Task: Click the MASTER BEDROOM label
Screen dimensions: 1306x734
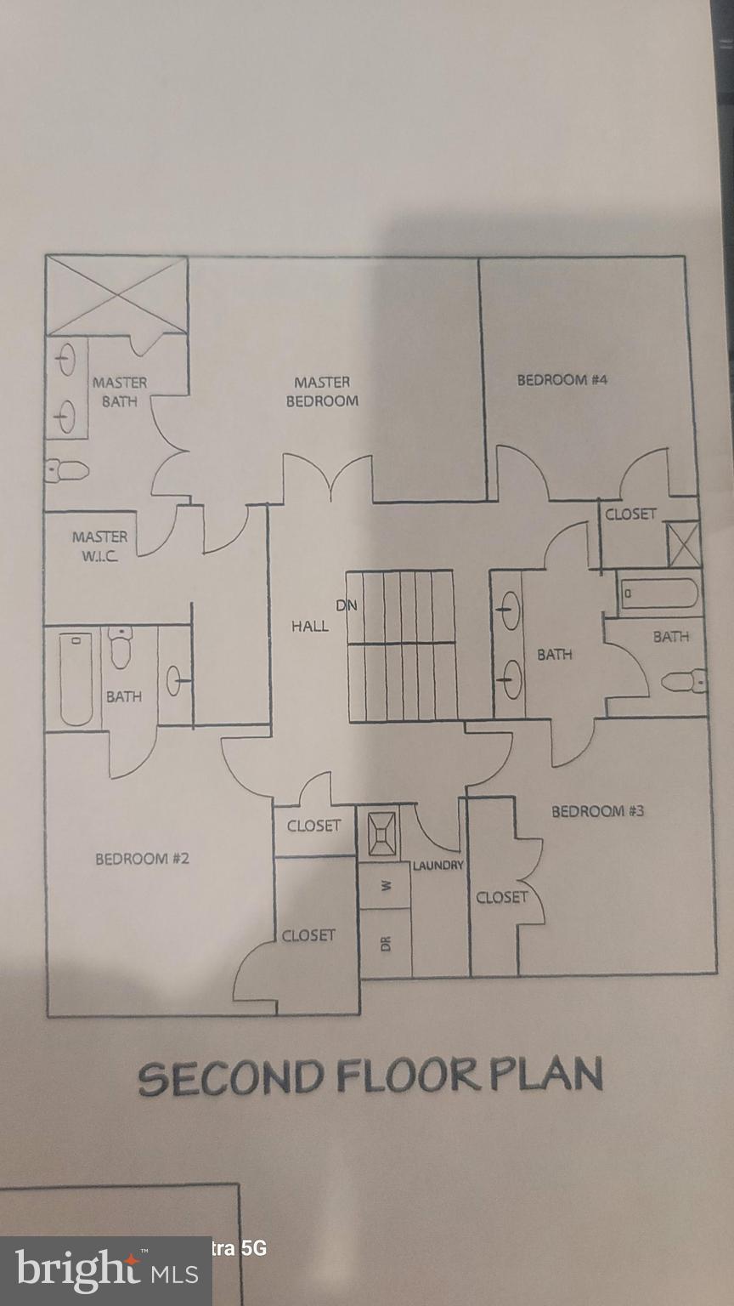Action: (x=322, y=392)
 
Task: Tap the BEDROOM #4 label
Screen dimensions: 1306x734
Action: (x=562, y=380)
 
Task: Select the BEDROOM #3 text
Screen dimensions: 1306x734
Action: (x=597, y=811)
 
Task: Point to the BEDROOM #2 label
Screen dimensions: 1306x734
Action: (x=142, y=859)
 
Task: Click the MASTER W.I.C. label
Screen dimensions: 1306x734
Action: (x=99, y=546)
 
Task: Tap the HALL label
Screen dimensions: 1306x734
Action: (x=309, y=627)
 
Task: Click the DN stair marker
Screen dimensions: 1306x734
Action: (x=347, y=605)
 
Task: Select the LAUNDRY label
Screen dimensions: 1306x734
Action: (x=438, y=866)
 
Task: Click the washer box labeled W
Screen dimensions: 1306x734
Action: (x=387, y=885)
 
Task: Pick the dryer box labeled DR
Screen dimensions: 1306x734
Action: (x=387, y=943)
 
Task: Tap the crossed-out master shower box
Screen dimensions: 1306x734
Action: (x=116, y=295)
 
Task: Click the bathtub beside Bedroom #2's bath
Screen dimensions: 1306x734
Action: (x=75, y=678)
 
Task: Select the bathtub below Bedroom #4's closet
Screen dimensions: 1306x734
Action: (x=659, y=593)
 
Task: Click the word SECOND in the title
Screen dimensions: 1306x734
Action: (x=231, y=1078)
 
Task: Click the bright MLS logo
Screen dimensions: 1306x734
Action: (x=106, y=1271)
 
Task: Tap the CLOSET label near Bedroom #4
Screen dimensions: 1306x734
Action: (x=630, y=514)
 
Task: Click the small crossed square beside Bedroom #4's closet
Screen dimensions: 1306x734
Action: (x=684, y=544)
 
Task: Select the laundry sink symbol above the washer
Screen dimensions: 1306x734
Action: (x=381, y=832)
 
